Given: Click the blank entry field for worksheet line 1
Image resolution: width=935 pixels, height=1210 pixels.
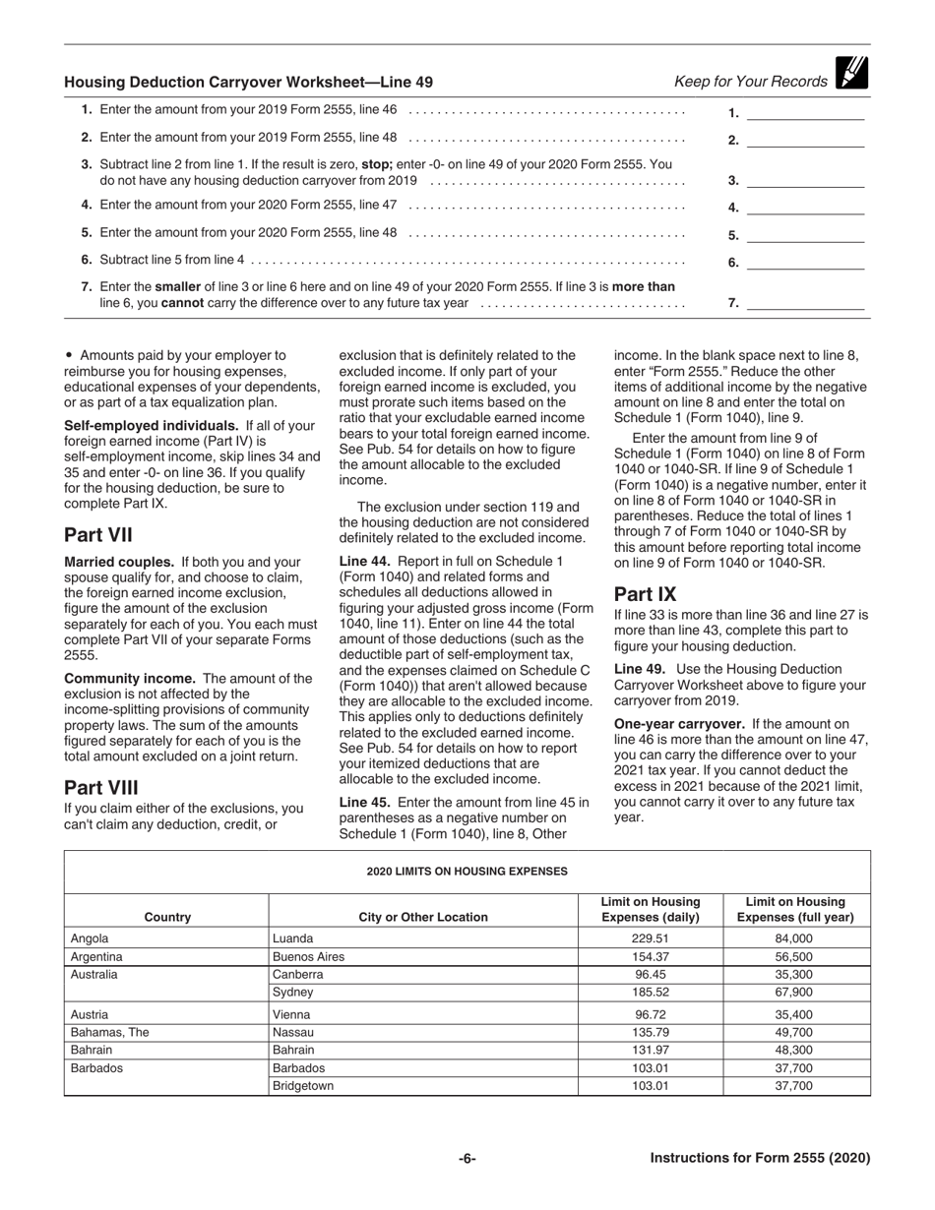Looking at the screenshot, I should click(x=805, y=113).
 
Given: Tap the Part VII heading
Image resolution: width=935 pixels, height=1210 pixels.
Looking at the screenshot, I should click(x=98, y=535).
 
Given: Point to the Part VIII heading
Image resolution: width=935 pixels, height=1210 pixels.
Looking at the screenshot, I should click(x=101, y=787).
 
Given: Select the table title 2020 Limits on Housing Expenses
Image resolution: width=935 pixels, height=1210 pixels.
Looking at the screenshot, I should click(x=467, y=871).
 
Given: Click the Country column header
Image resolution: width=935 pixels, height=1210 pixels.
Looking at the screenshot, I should click(x=166, y=917).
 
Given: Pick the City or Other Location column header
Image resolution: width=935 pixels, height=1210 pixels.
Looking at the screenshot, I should click(x=423, y=917).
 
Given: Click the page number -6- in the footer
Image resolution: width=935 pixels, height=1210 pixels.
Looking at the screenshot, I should click(x=467, y=1158).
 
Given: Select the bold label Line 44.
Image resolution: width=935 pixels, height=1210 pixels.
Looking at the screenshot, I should click(x=365, y=560).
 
